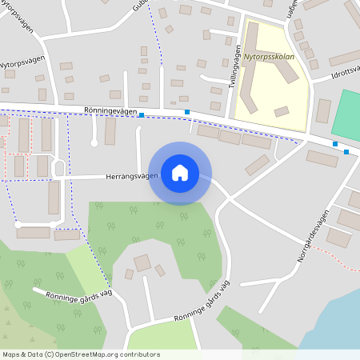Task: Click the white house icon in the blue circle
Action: coord(180,172)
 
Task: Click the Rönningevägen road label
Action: coord(110,113)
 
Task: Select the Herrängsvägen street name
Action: coord(132,176)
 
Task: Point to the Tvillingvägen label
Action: coord(238,66)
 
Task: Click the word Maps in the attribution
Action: coord(12,354)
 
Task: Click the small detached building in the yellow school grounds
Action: coord(281,111)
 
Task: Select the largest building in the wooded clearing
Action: coord(142,262)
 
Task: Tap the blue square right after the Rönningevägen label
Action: coord(142,115)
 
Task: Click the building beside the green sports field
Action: coord(323,110)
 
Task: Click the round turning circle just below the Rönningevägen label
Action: coord(94,142)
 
